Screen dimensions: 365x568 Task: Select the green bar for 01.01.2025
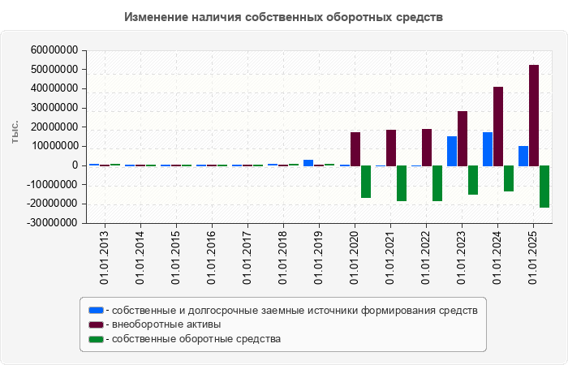544,187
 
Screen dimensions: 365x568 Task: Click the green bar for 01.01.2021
402,183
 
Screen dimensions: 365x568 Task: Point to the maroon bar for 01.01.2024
498,127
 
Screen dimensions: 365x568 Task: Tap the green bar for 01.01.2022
437,183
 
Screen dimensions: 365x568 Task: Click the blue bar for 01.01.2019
308,162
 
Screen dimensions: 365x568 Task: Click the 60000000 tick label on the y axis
54,50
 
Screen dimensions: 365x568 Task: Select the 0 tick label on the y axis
75,165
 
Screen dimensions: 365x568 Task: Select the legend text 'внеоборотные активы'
167,324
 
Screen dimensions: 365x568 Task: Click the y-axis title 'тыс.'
15,133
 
